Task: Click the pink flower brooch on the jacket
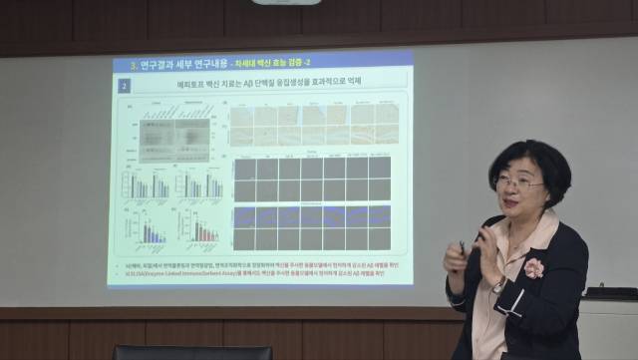534,267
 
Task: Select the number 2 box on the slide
124,87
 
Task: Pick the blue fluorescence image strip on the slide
311,216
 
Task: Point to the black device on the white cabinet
611,293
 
